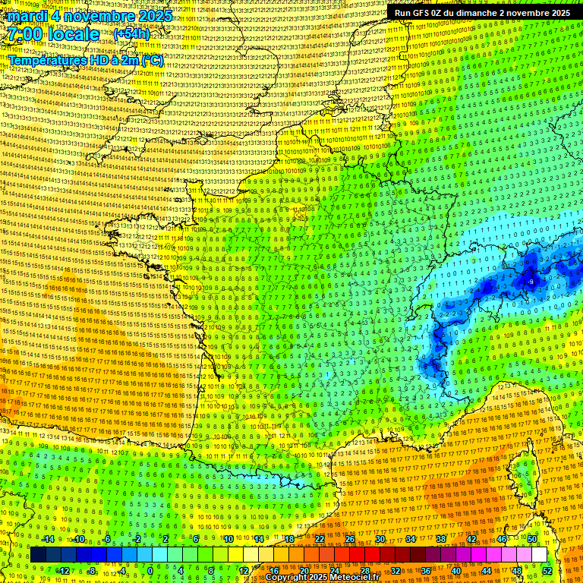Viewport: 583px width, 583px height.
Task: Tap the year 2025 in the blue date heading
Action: [x=155, y=16]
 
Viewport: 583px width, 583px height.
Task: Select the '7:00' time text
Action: [x=25, y=34]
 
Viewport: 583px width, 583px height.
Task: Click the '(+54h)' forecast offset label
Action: [x=131, y=34]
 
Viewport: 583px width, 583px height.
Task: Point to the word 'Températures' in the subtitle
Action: [x=46, y=60]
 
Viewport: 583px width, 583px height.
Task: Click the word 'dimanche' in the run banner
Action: [x=490, y=13]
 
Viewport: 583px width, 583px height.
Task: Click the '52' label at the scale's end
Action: [x=547, y=570]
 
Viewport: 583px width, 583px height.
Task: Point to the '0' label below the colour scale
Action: [x=150, y=570]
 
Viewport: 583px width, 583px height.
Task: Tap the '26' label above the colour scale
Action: [x=350, y=539]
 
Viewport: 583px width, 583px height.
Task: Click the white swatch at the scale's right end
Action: [x=539, y=555]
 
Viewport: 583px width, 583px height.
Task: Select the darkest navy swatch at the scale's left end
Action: [x=38, y=555]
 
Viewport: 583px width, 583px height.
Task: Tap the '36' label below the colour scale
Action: [x=425, y=570]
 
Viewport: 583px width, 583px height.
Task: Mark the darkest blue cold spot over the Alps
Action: [x=529, y=281]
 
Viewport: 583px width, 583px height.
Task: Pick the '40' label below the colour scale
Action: [x=455, y=570]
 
